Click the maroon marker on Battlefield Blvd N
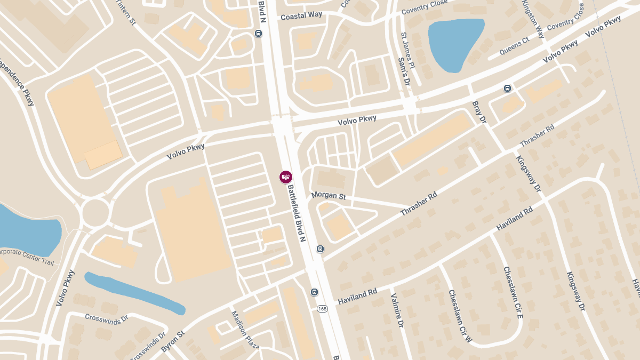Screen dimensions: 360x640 286,177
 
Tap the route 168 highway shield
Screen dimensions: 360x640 322,309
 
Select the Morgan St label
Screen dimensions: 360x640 329,196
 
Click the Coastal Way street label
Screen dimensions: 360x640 301,15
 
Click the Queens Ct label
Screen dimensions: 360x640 514,47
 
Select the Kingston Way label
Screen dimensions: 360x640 533,19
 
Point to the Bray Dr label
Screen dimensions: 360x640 479,113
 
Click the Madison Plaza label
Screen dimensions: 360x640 245,330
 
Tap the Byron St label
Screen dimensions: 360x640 172,340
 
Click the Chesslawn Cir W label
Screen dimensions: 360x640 460,316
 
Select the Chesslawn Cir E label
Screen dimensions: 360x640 513,293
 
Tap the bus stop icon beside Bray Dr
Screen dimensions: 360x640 507,89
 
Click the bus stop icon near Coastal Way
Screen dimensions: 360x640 258,33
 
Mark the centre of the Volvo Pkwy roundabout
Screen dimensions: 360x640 95,213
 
